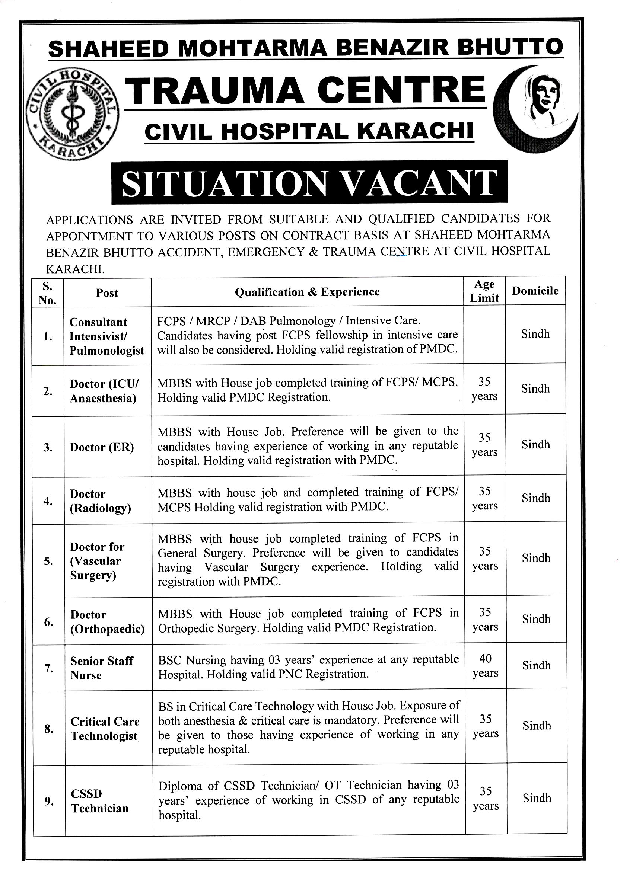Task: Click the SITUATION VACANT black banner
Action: pos(309,182)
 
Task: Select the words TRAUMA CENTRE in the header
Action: pos(306,91)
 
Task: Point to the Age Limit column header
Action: pos(484,291)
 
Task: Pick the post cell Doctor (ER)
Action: pos(102,447)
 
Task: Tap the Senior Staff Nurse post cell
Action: pos(102,668)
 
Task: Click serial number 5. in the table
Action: pos(48,561)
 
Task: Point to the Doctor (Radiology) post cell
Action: pos(100,501)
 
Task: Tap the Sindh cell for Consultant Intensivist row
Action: pos(535,334)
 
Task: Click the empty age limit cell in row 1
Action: pos(484,335)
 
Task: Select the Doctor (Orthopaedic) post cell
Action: pos(107,622)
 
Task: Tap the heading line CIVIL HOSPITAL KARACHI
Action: pos(309,132)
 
